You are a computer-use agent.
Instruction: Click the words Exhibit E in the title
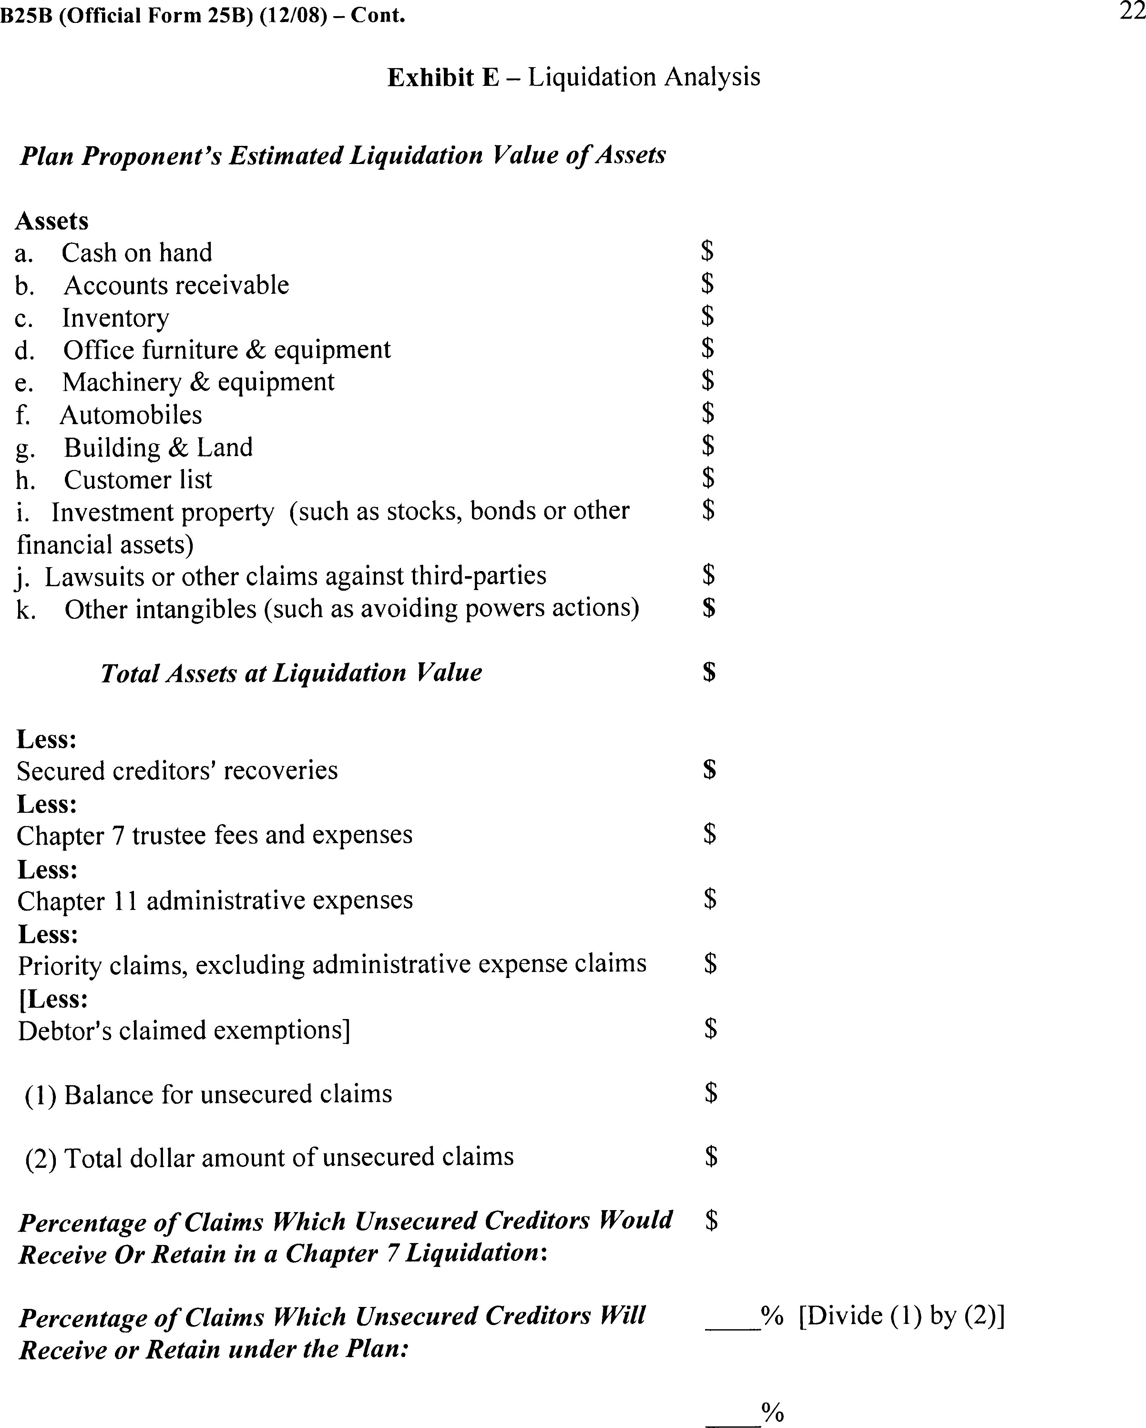point(443,77)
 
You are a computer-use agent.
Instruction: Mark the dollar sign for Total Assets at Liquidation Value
point(709,672)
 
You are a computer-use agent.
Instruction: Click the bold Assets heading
point(52,220)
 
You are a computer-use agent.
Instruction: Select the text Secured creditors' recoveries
point(177,770)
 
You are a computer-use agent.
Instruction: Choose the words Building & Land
point(158,448)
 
